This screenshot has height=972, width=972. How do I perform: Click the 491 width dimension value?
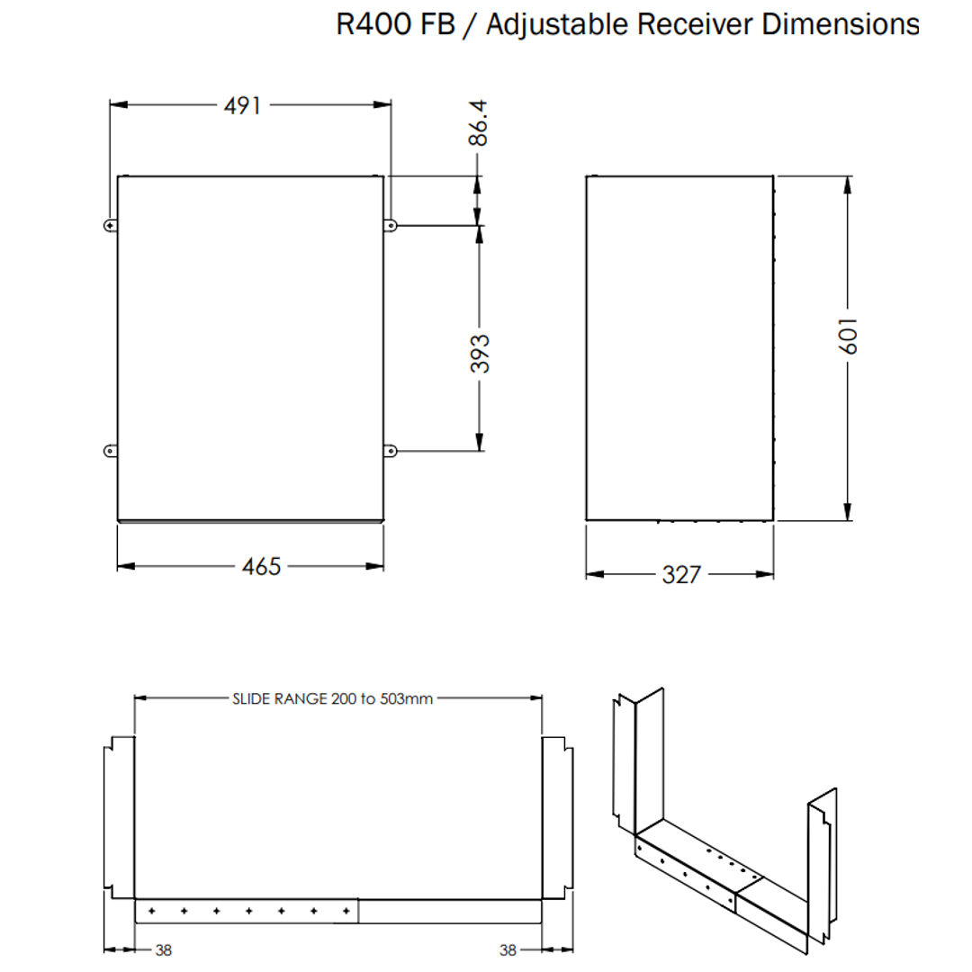click(x=242, y=105)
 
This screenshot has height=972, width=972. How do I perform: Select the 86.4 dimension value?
click(x=478, y=123)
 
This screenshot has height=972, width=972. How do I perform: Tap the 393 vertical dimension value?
click(x=480, y=353)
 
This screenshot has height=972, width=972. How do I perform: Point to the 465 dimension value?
click(x=261, y=566)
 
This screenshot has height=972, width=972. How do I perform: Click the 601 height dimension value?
click(x=848, y=335)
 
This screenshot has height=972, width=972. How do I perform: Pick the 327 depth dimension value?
click(x=681, y=574)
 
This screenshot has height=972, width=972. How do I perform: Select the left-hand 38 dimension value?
click(x=163, y=949)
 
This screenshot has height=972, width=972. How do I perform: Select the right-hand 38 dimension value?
click(x=508, y=949)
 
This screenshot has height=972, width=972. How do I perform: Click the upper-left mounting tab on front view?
click(x=110, y=225)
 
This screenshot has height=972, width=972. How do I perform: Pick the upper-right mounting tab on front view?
click(x=391, y=225)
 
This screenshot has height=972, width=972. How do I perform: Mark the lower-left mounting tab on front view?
click(x=110, y=450)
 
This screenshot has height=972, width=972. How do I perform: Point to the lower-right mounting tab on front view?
click(x=391, y=450)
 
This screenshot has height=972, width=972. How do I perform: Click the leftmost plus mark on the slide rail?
click(x=151, y=911)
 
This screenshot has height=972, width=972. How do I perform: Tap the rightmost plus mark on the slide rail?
click(x=346, y=911)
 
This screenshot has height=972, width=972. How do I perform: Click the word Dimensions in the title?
click(x=840, y=24)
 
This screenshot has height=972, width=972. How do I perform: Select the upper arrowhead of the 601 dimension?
click(x=848, y=186)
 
